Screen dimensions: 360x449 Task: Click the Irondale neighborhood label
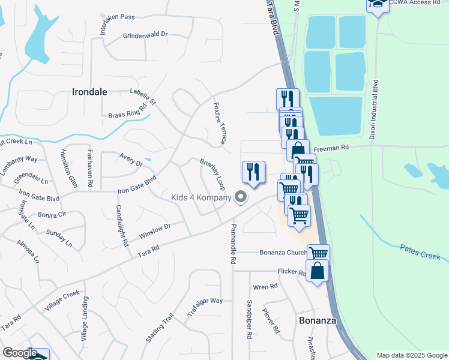(89, 92)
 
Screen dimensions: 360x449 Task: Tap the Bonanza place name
(316, 321)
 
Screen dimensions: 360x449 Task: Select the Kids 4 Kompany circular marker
(241, 197)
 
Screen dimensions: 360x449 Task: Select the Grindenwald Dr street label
(145, 35)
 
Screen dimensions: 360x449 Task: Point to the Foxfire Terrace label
(220, 122)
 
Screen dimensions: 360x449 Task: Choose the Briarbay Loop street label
(212, 173)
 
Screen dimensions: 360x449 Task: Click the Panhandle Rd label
(233, 244)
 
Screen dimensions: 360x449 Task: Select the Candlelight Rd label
(122, 226)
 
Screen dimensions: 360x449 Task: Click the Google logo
(20, 353)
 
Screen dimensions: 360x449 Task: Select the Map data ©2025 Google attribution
(412, 355)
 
